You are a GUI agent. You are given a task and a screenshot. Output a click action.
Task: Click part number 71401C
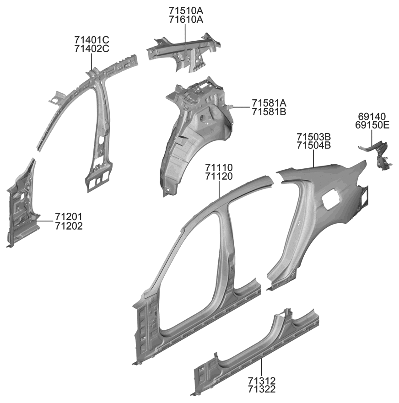92,40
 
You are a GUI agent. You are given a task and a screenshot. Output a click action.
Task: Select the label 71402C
92,49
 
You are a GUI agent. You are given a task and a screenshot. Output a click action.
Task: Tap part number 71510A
185,10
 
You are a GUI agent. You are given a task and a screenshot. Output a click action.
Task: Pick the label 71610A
185,19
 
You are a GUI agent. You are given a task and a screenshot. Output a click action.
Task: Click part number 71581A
269,102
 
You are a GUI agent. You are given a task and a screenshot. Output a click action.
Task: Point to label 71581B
269,112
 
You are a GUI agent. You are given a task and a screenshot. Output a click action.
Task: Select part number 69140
372,116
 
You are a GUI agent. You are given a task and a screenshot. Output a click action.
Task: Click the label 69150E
372,125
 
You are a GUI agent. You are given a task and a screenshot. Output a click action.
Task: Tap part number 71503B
313,137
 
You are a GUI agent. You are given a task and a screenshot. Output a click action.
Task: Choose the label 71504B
313,146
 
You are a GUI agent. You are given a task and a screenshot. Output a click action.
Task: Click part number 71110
219,167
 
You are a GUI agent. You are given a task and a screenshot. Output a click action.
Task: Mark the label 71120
219,177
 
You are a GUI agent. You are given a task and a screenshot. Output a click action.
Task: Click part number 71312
262,381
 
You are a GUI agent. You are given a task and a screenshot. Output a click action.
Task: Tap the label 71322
262,390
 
